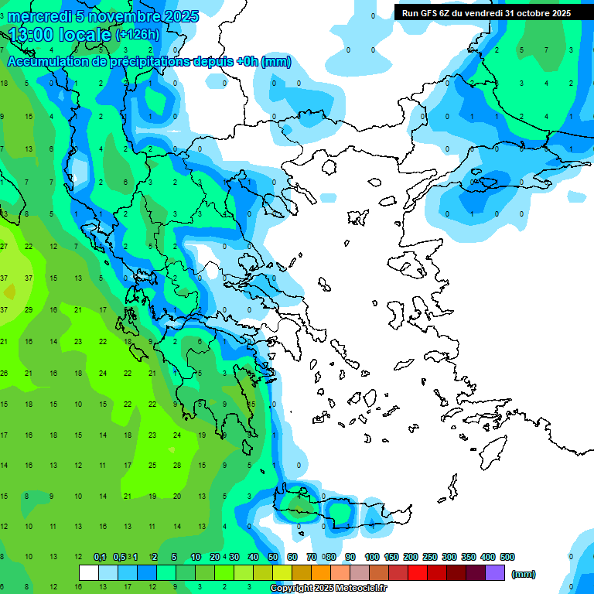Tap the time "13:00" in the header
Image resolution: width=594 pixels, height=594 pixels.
tap(33, 35)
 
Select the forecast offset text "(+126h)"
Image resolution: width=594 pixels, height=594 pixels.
tap(138, 35)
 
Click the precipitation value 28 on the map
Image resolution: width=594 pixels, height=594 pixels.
tap(177, 465)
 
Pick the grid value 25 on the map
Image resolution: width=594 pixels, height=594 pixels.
tap(152, 465)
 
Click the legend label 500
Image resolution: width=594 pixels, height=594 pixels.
tap(507, 557)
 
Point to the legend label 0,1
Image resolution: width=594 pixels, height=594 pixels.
tap(100, 557)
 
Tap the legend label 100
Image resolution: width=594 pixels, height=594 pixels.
tap(372, 557)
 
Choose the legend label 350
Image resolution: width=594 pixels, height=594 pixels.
tap(469, 557)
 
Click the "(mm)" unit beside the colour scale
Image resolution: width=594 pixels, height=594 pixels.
tap(524, 574)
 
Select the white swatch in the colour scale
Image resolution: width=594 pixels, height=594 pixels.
tap(89, 572)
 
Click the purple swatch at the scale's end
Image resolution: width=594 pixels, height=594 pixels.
tap(495, 572)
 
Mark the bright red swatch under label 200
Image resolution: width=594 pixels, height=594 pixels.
tap(418, 572)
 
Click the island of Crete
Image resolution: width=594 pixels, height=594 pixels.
tap(340, 513)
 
